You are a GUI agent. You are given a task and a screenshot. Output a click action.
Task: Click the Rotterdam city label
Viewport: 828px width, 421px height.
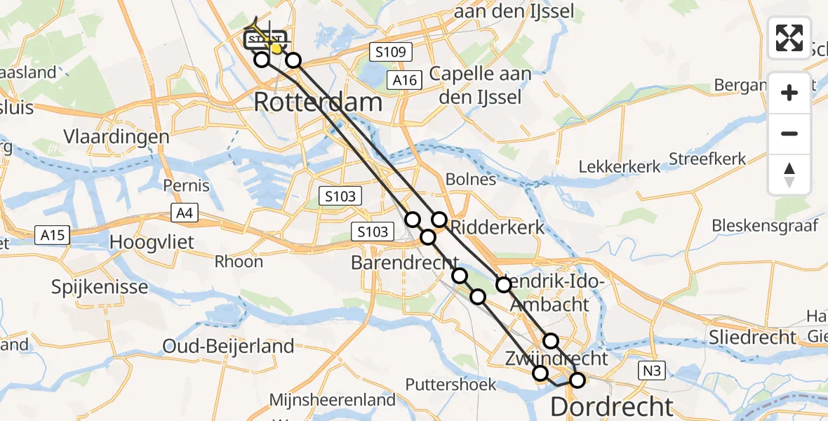[x=318, y=102]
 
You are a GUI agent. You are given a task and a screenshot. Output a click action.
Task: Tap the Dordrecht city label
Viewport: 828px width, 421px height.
[x=611, y=406]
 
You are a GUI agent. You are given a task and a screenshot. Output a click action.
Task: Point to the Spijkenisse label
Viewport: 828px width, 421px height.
[x=100, y=287]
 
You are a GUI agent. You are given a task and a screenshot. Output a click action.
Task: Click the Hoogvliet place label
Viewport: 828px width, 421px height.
[x=151, y=242]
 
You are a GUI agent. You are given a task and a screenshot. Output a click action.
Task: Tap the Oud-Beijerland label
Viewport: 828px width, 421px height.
[x=228, y=346]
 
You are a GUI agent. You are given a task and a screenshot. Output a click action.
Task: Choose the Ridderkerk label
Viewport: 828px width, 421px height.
[x=497, y=227]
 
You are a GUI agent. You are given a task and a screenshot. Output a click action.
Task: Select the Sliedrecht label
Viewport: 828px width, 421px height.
[x=753, y=337]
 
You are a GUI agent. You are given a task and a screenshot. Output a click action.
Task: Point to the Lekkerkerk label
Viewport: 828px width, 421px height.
[x=620, y=167]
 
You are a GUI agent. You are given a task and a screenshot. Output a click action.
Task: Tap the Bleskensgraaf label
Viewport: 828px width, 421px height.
[x=765, y=226]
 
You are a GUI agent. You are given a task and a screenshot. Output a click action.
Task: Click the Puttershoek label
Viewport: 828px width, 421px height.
[x=451, y=385]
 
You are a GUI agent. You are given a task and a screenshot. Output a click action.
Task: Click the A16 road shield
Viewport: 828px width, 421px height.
[x=406, y=81]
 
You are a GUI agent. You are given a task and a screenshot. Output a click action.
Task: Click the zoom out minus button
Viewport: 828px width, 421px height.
[x=789, y=133]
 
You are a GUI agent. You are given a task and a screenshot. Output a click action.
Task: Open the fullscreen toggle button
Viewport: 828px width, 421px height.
[x=789, y=38]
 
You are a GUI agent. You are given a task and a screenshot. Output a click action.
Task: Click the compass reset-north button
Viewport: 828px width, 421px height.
[x=789, y=174]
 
